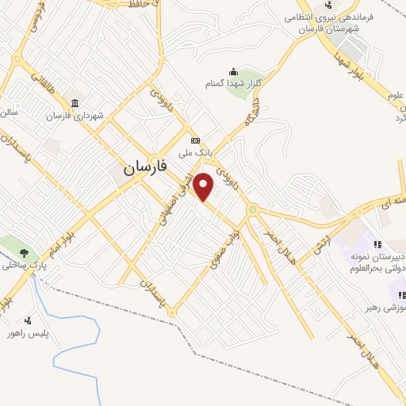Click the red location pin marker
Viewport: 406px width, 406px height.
click(204, 187)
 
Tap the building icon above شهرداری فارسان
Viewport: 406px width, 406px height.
click(75, 104)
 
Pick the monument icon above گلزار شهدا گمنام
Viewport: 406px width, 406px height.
click(232, 72)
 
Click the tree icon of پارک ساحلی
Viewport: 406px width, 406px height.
click(24, 254)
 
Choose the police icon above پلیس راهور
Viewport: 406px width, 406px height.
click(29, 320)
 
